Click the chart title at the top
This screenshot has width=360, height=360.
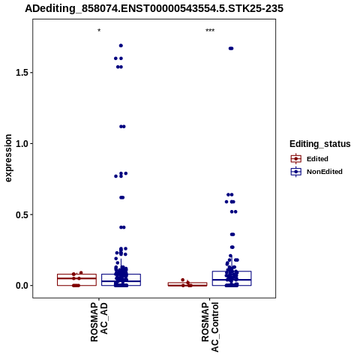coord(154,8)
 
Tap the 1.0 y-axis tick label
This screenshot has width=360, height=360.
coord(21,144)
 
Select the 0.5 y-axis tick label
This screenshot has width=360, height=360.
coord(21,214)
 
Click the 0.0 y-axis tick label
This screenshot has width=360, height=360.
coord(21,286)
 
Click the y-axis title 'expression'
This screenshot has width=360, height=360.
coord(8,158)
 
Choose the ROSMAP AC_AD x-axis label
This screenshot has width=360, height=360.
coord(99,322)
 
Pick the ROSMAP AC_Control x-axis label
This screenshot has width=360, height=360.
coord(210,327)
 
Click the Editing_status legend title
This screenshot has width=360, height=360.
coord(320,144)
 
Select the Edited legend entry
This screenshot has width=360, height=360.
coord(309,159)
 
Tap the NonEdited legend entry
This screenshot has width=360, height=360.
coord(316,172)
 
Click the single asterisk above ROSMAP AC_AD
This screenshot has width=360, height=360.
coord(99,31)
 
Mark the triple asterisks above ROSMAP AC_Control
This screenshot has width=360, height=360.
coord(210,31)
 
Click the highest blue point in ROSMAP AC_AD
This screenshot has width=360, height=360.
coord(121,46)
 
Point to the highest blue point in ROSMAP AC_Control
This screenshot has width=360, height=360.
coord(231,49)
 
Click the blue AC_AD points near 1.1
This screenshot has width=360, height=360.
coord(122,127)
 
